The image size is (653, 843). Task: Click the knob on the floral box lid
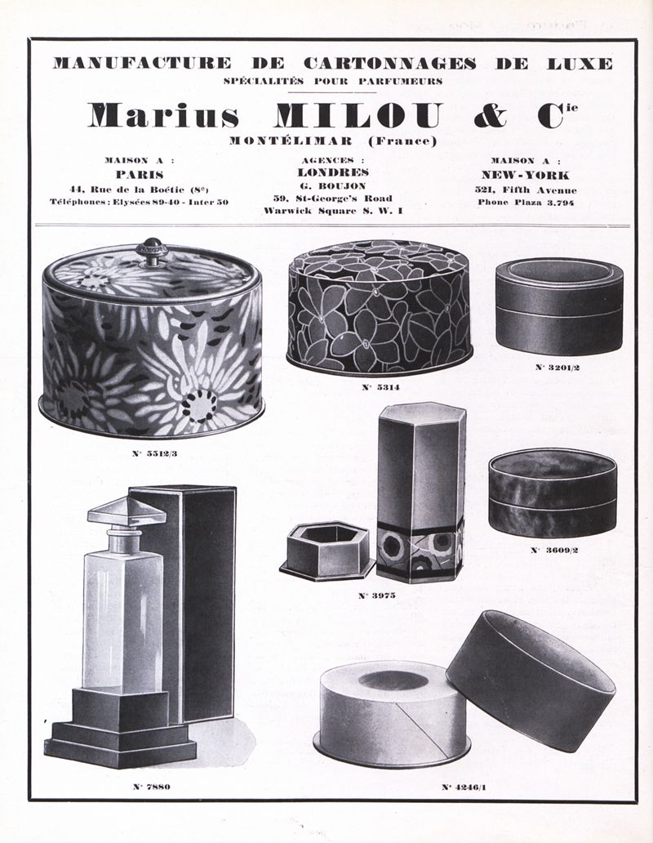click(151, 252)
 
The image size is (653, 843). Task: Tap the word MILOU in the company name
click(358, 116)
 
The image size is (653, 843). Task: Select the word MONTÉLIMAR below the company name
click(291, 140)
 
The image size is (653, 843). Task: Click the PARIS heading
click(140, 174)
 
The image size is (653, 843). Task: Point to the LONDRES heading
click(333, 172)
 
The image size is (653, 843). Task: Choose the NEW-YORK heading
click(525, 175)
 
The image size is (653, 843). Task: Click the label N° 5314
click(380, 387)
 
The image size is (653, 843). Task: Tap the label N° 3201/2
click(557, 368)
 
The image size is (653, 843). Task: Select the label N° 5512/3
click(154, 453)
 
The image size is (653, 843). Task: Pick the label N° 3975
click(376, 595)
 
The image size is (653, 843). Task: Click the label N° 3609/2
click(554, 550)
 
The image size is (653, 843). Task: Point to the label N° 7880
click(152, 787)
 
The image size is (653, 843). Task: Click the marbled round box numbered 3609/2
click(553, 493)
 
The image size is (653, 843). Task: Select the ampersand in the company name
click(491, 116)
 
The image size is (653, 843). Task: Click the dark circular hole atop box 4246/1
click(393, 680)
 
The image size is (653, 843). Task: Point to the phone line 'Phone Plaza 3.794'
click(526, 203)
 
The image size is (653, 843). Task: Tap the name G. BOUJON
click(333, 185)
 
